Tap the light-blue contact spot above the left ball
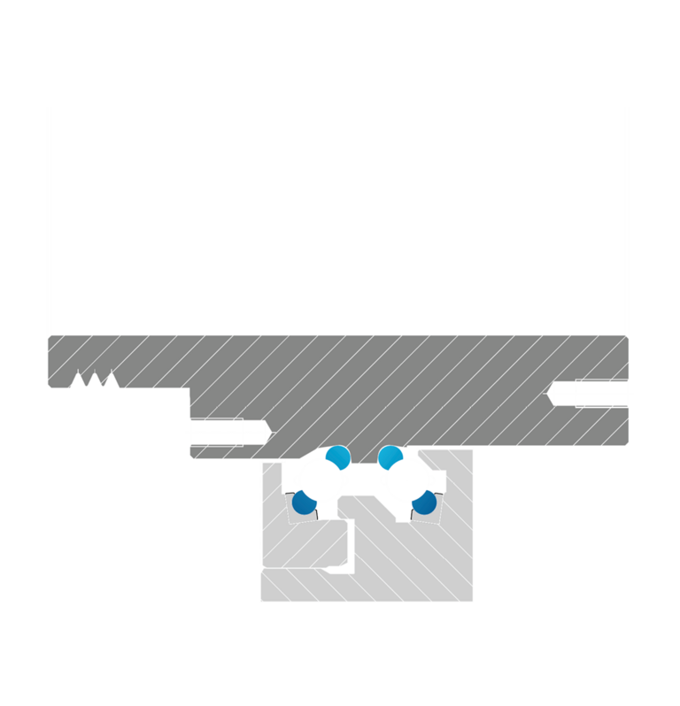click(x=337, y=457)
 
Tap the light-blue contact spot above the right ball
click(x=390, y=457)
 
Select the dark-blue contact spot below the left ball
click(x=305, y=503)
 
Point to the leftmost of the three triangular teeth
click(x=78, y=380)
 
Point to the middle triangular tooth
click(x=94, y=380)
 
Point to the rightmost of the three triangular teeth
click(x=110, y=380)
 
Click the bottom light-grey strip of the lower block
click(x=367, y=587)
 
